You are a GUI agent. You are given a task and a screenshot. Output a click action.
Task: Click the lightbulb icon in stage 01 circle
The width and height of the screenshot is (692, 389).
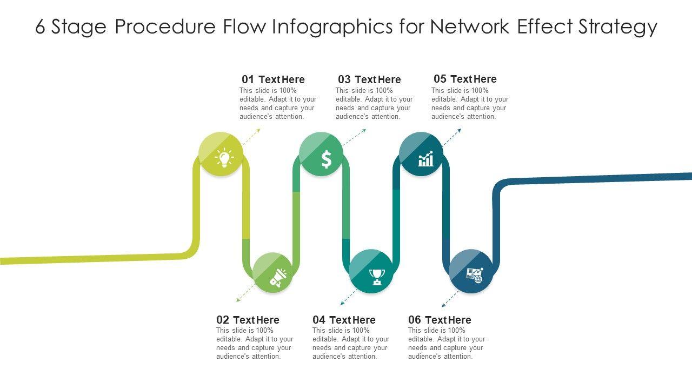[224, 158]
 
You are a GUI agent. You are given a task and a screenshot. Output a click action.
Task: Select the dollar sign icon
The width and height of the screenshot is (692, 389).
[326, 159]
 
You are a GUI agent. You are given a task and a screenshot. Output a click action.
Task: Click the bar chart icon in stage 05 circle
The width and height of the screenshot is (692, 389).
[425, 159]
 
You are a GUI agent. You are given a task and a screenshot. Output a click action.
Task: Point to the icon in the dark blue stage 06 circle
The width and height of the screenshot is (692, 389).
[474, 275]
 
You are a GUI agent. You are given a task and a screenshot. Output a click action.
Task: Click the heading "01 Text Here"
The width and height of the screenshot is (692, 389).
[273, 79]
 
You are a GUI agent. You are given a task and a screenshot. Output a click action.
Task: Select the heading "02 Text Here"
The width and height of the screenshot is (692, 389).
[248, 320]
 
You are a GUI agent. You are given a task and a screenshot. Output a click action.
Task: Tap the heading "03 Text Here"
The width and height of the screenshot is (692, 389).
[369, 79]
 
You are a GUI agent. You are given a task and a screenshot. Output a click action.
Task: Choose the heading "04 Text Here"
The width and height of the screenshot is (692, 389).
[344, 320]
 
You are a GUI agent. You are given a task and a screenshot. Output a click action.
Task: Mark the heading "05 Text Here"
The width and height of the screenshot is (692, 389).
[465, 79]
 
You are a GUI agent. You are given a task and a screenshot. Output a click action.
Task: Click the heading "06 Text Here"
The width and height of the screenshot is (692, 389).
[440, 320]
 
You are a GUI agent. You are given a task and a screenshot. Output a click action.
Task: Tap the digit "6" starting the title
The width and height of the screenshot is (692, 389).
[40, 26]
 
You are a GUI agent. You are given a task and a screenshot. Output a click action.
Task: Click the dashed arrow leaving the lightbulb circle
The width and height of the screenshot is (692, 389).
[251, 137]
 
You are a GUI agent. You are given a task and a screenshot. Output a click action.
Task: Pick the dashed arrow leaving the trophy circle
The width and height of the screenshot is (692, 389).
[349, 297]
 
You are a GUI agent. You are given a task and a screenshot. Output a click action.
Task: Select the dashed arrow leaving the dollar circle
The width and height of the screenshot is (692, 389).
[354, 137]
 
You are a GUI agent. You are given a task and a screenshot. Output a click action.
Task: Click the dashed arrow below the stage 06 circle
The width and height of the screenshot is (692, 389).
[450, 299]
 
